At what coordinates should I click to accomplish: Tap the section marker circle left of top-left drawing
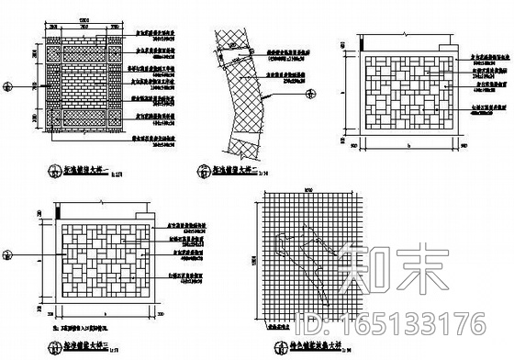[x=8, y=87]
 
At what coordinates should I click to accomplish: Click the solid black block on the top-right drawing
[x=363, y=43]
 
